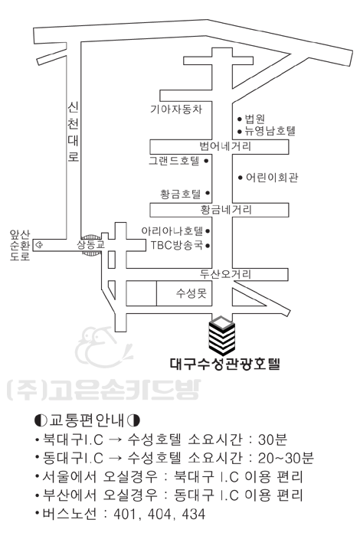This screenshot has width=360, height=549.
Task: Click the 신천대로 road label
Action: point(73,132)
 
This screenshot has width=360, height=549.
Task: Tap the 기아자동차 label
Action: point(176,109)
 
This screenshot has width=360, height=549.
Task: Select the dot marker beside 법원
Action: point(240,119)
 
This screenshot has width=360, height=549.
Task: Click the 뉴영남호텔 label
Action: point(270,131)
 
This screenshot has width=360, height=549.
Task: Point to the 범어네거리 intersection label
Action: point(225,146)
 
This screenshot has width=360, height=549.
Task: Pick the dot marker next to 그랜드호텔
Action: point(206,161)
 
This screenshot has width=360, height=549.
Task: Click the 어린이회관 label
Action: point(272,178)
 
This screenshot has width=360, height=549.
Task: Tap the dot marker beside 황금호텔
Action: point(208,193)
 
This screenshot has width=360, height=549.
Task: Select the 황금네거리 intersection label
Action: point(226,210)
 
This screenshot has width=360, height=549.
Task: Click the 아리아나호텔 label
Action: point(172,230)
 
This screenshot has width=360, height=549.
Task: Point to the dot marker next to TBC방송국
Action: point(208,246)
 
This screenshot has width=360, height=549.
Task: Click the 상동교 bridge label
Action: point(91,245)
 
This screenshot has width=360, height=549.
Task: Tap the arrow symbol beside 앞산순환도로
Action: point(39,245)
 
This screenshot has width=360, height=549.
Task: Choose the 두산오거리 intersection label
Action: point(225,274)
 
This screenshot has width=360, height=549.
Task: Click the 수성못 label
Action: point(191,292)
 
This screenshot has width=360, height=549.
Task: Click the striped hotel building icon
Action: point(221,335)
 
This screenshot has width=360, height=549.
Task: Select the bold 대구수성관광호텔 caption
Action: point(225,364)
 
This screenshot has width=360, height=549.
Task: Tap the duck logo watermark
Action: point(103,347)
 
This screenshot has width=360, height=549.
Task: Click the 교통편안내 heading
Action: point(87,420)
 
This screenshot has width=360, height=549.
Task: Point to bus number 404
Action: point(159,514)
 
